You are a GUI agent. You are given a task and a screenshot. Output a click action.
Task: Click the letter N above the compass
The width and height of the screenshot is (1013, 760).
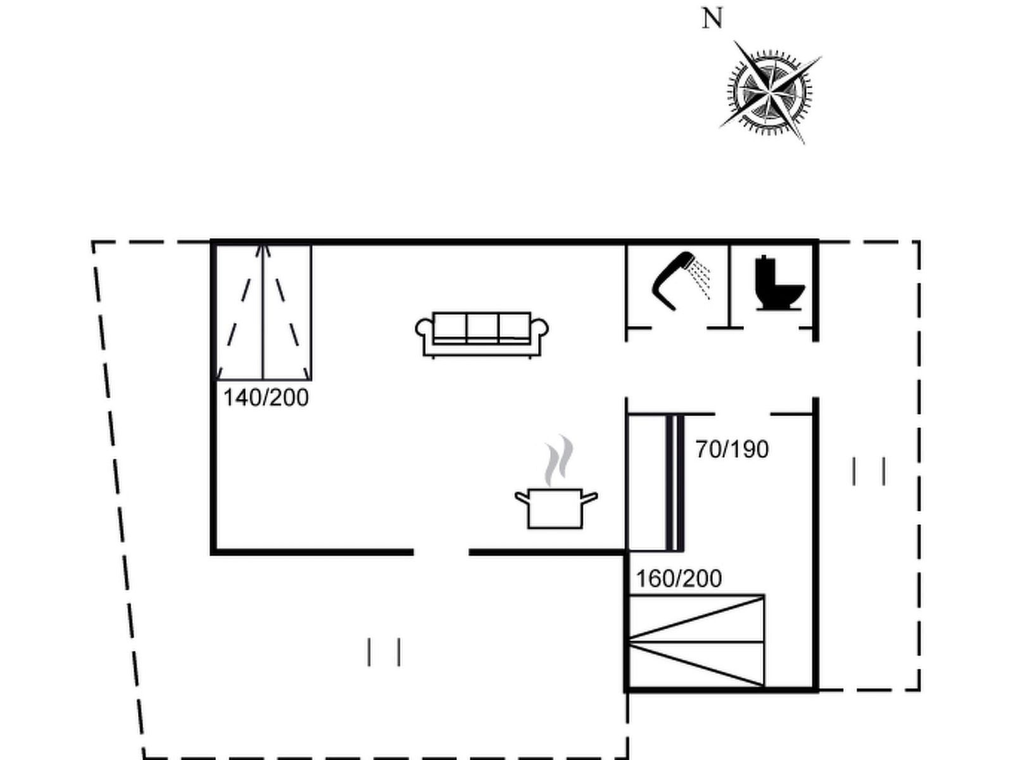[x=712, y=20]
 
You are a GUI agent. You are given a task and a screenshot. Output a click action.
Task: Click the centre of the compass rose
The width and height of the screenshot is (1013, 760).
[x=770, y=92]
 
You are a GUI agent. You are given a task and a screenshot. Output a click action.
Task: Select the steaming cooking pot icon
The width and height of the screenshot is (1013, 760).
[x=556, y=482]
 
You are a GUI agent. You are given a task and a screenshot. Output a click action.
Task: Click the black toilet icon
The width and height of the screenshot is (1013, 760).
[x=779, y=282]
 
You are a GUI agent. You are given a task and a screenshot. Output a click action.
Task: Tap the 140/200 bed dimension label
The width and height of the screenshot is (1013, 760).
[x=266, y=398]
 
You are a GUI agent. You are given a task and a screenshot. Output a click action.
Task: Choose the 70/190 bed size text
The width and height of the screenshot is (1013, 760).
[x=732, y=450]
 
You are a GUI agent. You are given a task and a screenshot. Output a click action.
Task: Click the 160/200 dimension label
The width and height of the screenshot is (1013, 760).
[x=679, y=579]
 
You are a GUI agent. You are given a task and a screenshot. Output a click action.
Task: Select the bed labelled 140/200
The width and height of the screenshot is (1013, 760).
[x=263, y=313]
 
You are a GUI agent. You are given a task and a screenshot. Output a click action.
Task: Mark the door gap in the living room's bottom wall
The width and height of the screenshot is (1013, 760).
[x=441, y=552]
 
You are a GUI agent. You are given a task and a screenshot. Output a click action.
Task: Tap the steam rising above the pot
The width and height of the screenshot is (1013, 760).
[x=559, y=460]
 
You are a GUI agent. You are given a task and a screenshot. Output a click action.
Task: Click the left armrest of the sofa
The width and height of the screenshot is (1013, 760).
[x=424, y=329]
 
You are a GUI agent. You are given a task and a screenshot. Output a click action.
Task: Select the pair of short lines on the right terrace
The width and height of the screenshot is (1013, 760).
[x=869, y=471]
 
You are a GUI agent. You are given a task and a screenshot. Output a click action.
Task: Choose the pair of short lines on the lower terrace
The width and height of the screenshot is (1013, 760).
[x=384, y=652]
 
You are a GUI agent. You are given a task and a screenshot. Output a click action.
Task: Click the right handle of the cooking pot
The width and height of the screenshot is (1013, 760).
[x=590, y=497]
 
